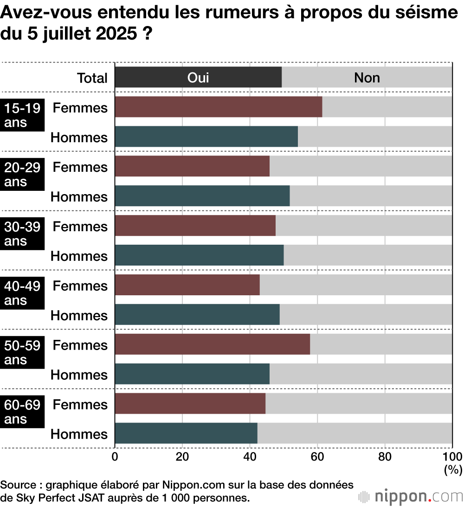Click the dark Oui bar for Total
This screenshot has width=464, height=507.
[198, 77]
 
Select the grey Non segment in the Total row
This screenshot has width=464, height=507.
[367, 77]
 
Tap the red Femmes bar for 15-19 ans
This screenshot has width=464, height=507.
[218, 107]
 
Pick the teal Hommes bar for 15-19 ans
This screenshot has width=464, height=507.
[206, 136]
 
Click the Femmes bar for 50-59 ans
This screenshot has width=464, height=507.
[212, 344]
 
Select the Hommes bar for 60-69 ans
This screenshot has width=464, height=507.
[186, 434]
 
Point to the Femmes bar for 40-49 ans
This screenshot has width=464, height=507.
[187, 285]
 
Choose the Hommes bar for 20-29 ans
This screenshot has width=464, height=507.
[202, 196]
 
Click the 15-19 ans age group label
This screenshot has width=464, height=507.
[22, 115]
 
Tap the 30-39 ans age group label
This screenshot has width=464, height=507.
[22, 234]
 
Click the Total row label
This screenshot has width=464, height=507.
[92, 78]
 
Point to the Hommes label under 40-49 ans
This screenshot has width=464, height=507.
[79, 316]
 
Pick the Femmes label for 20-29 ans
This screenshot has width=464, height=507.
[80, 167]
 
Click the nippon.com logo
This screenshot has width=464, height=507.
[411, 496]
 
